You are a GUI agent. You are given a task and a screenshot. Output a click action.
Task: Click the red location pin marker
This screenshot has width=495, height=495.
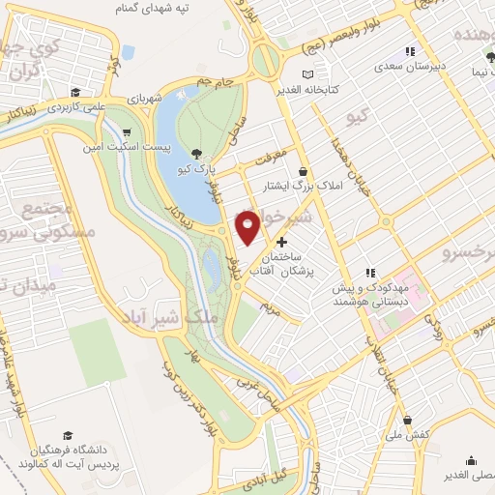(247, 226)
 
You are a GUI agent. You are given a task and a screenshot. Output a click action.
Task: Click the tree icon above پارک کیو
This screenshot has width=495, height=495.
(197, 154)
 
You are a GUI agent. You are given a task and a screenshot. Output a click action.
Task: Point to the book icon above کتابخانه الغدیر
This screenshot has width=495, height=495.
(308, 74)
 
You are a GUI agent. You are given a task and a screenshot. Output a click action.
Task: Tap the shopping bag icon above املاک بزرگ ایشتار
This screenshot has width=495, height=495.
(305, 169)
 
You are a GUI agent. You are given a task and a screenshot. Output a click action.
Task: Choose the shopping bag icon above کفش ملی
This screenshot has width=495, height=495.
(408, 421)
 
